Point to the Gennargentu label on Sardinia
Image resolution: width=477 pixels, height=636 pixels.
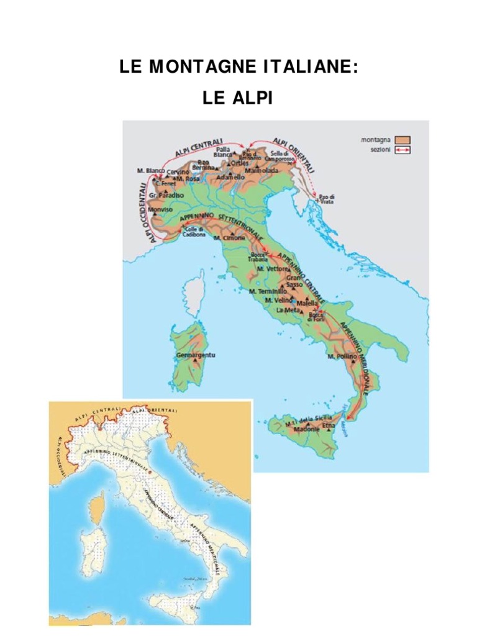(x=194, y=355)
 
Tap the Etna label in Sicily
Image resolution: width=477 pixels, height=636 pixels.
(x=329, y=426)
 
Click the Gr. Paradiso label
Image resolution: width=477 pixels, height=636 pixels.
(x=160, y=194)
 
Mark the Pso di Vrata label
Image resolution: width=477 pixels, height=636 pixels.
(x=328, y=199)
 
